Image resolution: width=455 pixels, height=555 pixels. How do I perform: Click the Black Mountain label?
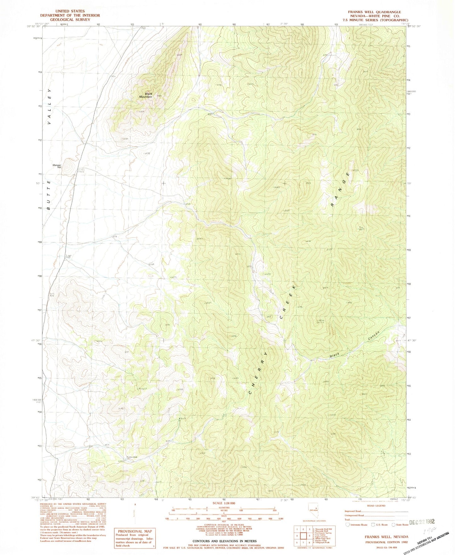click(146, 95)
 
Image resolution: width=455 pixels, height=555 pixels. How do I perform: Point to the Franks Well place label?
click(132, 457)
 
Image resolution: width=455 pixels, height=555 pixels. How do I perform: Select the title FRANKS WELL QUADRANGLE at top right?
click(374, 12)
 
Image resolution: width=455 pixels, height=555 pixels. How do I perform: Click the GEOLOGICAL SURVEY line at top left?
click(70, 20)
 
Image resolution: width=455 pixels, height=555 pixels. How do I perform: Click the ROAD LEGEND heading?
click(376, 506)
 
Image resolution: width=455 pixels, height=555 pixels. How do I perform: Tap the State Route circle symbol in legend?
click(393, 524)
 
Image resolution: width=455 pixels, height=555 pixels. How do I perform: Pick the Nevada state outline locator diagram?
click(312, 509)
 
